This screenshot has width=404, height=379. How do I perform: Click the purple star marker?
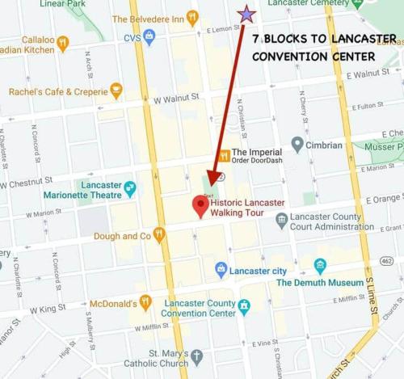point(246,14)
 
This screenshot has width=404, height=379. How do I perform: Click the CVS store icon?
point(149,36)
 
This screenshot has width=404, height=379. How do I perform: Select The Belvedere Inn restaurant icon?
point(191,17)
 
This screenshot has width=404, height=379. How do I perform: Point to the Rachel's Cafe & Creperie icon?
point(116,90)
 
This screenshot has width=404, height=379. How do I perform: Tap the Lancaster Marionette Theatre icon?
point(130,188)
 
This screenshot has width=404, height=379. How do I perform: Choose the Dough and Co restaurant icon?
point(159,235)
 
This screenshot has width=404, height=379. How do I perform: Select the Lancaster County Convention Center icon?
point(244,307)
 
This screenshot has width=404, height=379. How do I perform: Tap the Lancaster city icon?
point(221,269)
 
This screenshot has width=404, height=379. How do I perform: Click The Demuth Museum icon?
point(320,266)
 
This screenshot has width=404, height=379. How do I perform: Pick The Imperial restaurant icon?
point(225,155)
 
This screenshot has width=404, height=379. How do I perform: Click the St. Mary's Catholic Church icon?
point(197,356)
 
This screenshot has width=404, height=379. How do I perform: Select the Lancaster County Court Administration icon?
point(281,219)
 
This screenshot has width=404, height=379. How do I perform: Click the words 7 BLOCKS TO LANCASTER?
point(323,38)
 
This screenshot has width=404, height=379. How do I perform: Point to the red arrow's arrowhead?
point(214,178)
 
